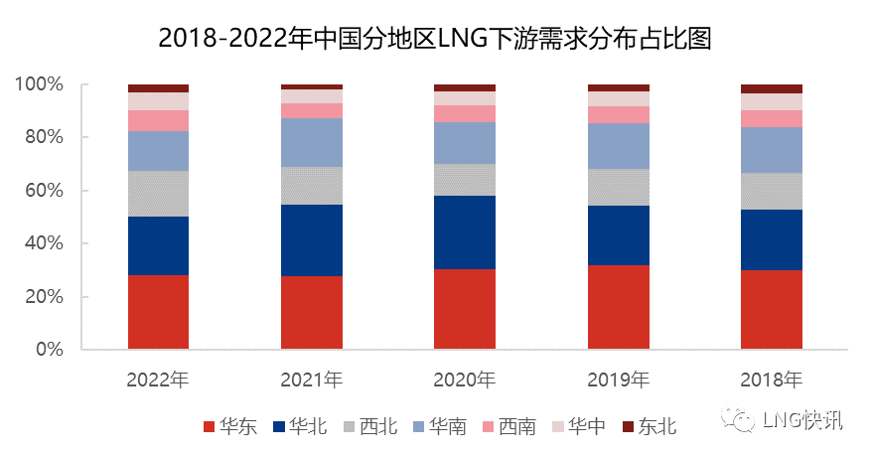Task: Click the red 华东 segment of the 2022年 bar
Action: click(x=158, y=312)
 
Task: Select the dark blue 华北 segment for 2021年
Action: click(x=311, y=240)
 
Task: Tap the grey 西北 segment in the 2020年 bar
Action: click(x=464, y=180)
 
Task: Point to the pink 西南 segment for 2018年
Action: click(x=771, y=118)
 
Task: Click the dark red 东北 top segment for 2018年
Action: click(x=771, y=88)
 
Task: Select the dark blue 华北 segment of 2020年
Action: click(x=464, y=232)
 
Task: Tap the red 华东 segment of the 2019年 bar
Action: click(x=618, y=307)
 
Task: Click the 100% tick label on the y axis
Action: click(x=39, y=84)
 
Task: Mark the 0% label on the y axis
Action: click(x=48, y=350)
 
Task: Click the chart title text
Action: click(x=436, y=38)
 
